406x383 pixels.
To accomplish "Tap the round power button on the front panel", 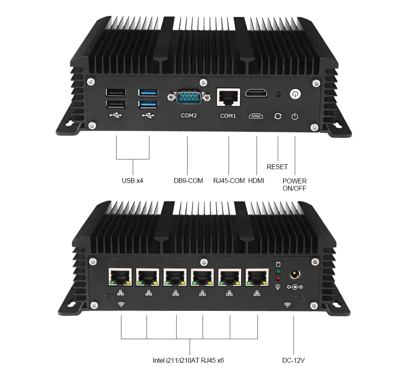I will (x=295, y=95).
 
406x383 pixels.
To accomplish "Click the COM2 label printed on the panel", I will (x=189, y=116).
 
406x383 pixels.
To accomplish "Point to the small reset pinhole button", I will (x=278, y=95).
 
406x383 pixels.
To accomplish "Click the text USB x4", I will (x=132, y=181).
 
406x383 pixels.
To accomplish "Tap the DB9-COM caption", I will (x=188, y=181).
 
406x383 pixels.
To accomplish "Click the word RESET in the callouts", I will (x=277, y=167).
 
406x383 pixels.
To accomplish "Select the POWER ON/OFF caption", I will (x=295, y=185).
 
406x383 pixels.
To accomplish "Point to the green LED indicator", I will (x=278, y=271).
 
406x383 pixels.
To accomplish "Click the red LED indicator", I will (x=278, y=278).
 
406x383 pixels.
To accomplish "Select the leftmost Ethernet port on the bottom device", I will (x=120, y=278).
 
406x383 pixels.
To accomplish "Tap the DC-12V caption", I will (x=294, y=360).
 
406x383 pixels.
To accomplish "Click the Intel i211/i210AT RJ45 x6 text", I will (x=188, y=360).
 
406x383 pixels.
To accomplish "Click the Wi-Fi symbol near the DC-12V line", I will (x=287, y=304).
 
